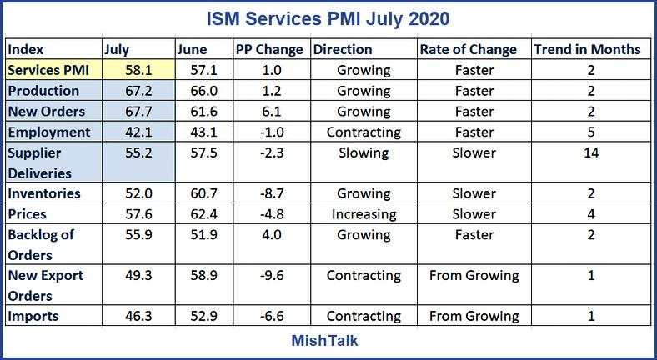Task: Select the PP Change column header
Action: (x=269, y=49)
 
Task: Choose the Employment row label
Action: (x=49, y=132)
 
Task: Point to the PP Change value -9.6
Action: (x=268, y=275)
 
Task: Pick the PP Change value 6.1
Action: (x=268, y=111)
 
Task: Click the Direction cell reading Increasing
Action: (x=364, y=214)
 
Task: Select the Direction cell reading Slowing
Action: (x=364, y=152)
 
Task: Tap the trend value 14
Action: (x=590, y=152)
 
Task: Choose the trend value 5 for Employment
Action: (x=590, y=132)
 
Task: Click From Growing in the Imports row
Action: (x=474, y=316)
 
